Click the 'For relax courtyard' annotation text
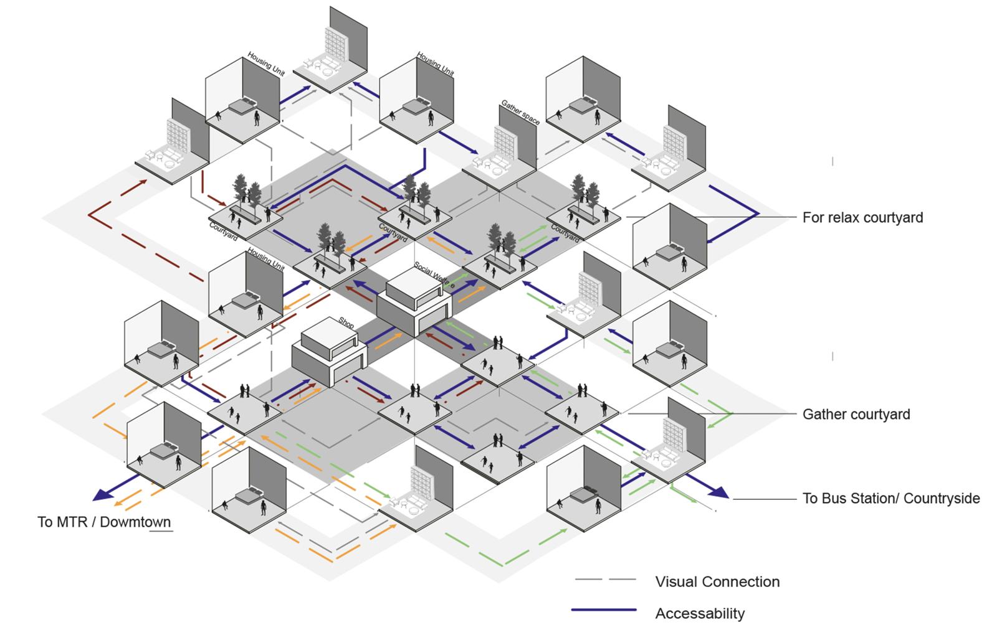pos(862,217)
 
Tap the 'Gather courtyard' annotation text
pos(856,414)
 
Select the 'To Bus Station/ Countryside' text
pos(890,498)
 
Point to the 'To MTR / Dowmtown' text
pos(103,522)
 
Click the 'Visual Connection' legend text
pos(717,581)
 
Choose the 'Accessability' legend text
pos(700,613)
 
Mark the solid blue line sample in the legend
pos(604,610)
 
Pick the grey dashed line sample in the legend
pos(604,580)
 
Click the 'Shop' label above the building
pos(346,322)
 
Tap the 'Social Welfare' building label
pos(434,275)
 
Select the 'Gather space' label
pos(520,112)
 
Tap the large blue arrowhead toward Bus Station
pos(718,492)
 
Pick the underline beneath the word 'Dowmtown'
pos(160,531)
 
